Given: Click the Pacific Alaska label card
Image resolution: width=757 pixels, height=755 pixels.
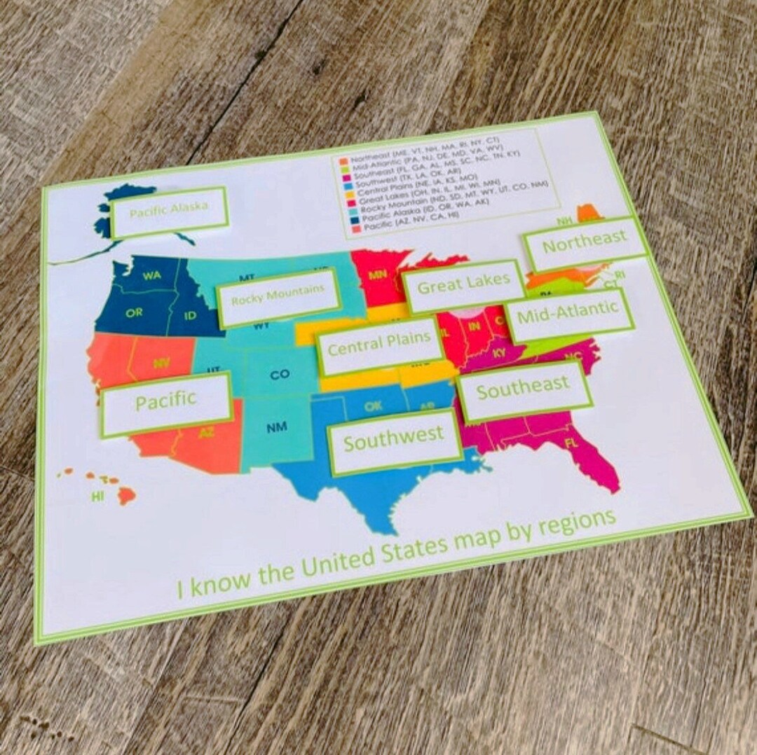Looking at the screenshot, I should click(169, 211).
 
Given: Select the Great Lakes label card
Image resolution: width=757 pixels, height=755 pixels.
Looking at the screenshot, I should click(464, 286).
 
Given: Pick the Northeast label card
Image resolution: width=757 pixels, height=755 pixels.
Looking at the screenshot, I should click(585, 243).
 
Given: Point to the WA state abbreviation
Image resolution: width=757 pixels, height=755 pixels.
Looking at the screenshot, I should click(151, 276).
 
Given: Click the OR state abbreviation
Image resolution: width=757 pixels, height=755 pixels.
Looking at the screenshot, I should click(135, 312).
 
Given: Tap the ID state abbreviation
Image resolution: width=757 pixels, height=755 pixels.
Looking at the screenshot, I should click(190, 316).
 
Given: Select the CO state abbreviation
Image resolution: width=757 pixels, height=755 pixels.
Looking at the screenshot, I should click(279, 375).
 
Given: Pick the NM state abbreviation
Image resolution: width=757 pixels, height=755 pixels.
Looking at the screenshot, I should click(276, 427).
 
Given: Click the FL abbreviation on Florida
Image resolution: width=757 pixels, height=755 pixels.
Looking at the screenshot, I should click(571, 443).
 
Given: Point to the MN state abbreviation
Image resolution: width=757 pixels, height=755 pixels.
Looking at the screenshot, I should click(377, 275).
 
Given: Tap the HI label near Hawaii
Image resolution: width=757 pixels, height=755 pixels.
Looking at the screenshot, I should click(98, 497).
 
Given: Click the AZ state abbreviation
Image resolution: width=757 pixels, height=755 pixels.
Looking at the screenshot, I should click(206, 433).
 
